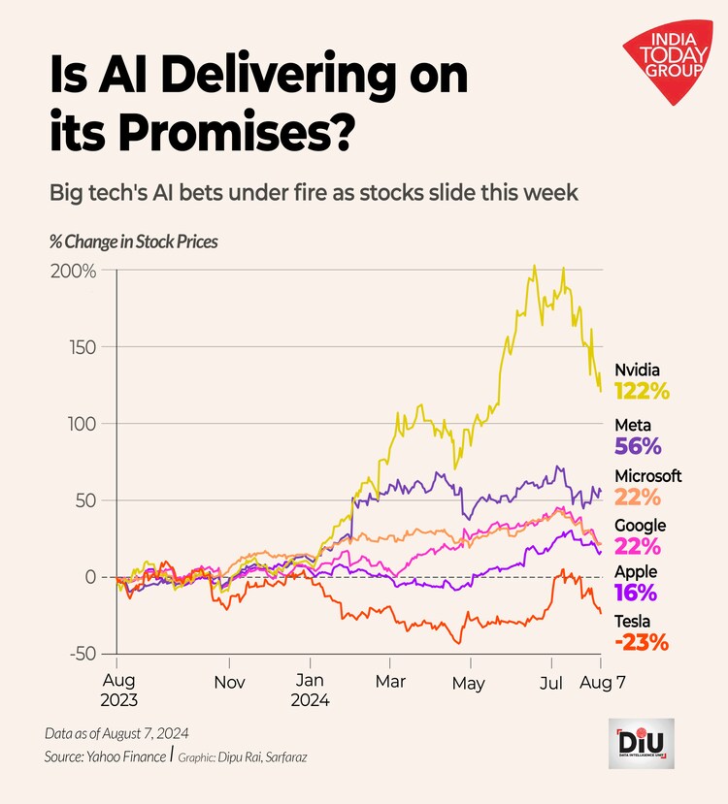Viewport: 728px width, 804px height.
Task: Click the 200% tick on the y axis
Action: tap(73, 271)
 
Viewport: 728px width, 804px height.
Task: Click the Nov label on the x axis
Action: tap(229, 682)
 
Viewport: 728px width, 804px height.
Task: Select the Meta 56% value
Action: tap(638, 446)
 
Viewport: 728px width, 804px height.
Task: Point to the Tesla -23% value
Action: tap(642, 642)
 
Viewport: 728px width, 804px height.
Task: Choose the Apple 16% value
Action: tap(636, 593)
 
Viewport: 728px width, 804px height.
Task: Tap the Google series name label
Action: tap(641, 525)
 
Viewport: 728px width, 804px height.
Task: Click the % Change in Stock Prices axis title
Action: tap(133, 241)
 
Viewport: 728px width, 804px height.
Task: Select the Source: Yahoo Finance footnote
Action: tap(105, 755)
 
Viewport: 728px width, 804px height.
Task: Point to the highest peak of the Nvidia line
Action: tap(534, 267)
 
